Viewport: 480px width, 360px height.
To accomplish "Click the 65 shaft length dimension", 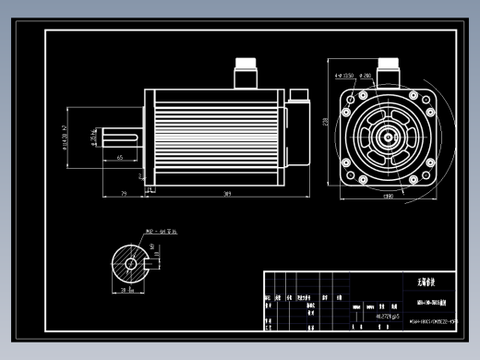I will coord(121,158).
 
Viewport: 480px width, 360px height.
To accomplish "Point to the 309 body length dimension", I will coord(226,193).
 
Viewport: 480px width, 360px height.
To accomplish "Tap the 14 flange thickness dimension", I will coord(140,174).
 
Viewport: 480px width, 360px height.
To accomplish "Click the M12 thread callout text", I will coord(160,232).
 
